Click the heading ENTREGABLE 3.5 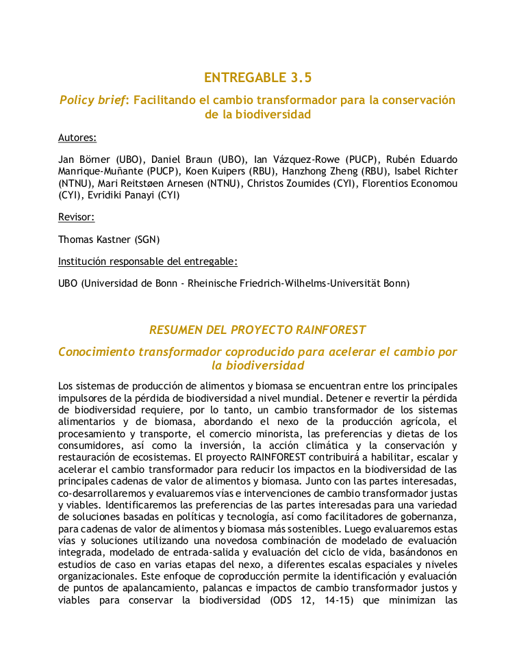coord(258,77)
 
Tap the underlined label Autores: coord(77,138)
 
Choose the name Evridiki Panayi coord(120,196)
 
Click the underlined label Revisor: coord(76,218)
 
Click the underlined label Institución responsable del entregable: coord(148,261)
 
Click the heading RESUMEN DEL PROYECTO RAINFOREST coord(258,330)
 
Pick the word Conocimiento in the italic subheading coord(97,352)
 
